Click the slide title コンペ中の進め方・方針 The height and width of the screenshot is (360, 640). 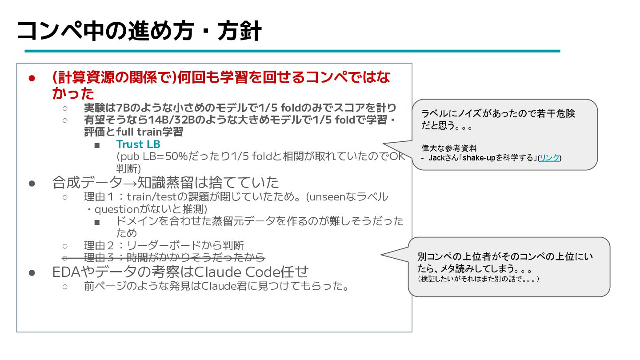[139, 31]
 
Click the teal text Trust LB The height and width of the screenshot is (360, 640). [138, 144]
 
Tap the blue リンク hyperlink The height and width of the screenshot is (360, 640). [549, 158]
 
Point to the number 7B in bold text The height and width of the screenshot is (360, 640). [123, 108]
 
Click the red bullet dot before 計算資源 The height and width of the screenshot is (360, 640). [32, 78]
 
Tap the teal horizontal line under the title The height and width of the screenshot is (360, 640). [292, 51]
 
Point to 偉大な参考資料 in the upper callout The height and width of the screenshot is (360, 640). [448, 148]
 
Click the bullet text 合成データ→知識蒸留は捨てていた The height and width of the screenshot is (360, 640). [165, 183]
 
